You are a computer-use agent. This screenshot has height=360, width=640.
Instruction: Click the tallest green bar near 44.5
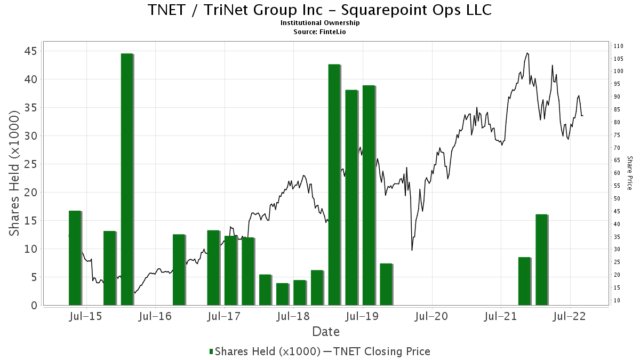coord(127,179)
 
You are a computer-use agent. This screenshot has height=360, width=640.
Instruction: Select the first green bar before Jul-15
coord(75,258)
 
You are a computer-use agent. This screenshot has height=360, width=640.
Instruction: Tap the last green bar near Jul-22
coord(541,260)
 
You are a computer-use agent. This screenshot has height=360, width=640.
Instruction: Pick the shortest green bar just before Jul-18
coord(283,294)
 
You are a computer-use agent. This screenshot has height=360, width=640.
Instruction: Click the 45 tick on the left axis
coord(31,51)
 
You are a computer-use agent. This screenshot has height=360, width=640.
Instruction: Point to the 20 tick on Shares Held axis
coord(31,193)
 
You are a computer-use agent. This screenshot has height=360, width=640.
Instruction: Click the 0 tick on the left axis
coord(34,306)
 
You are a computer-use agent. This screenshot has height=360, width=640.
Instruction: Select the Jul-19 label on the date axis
coord(362,317)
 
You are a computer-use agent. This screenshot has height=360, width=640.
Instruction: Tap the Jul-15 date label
coord(85,317)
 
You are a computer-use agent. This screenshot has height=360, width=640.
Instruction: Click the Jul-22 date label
coord(570,317)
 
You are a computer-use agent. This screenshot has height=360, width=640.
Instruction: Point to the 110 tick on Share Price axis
coord(618,46)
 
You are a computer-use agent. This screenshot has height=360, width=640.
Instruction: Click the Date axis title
coord(326,332)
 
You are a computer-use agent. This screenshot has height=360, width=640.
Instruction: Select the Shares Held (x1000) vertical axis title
coord(14,173)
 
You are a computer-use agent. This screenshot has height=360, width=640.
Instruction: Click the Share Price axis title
coord(629,173)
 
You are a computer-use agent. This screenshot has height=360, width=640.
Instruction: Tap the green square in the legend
coord(211,351)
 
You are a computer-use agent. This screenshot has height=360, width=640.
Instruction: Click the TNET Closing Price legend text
coord(382,351)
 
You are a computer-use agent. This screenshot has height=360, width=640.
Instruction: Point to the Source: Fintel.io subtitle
coord(319,31)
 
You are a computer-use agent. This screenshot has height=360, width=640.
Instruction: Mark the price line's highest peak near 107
coord(527,53)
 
